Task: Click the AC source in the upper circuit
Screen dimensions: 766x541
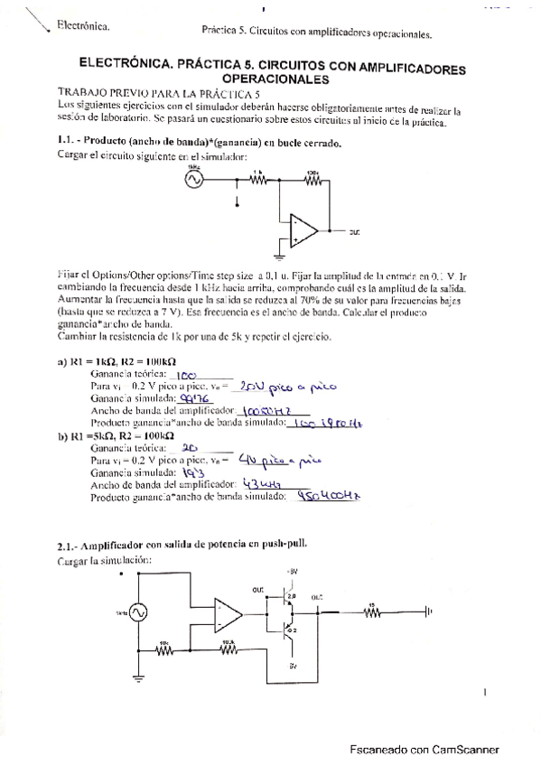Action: [x=191, y=180]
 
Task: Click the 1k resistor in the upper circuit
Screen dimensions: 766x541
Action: [x=258, y=180]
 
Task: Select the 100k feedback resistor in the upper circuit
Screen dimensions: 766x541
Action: [x=312, y=180]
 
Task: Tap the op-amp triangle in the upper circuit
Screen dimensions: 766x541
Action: [x=304, y=230]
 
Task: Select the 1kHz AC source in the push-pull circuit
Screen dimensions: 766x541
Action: [x=138, y=612]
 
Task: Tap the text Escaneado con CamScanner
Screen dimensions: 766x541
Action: [x=424, y=750]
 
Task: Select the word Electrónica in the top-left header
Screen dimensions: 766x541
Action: [x=83, y=25]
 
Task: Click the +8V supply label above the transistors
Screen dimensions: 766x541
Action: [x=291, y=573]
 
